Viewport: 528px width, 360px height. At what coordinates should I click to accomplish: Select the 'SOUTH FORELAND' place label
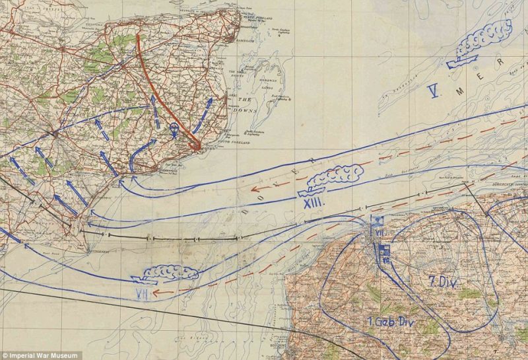click(226, 137)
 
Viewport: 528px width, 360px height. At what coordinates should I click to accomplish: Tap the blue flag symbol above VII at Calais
click(378, 220)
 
